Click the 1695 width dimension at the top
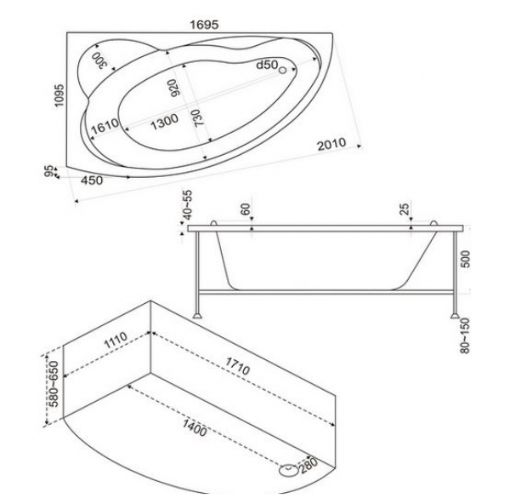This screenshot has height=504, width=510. [x=204, y=25]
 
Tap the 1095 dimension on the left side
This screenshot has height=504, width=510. [x=59, y=95]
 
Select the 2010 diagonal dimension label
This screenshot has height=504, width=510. [x=331, y=145]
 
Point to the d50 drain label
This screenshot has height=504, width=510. [x=267, y=65]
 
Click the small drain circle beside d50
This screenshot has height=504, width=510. [x=283, y=70]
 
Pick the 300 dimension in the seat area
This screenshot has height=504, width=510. [x=99, y=60]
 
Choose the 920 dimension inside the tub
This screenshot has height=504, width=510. [x=174, y=89]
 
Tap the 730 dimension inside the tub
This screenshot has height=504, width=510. [x=196, y=118]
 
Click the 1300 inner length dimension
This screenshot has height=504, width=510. [x=165, y=122]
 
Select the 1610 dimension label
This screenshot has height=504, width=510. [x=105, y=126]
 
